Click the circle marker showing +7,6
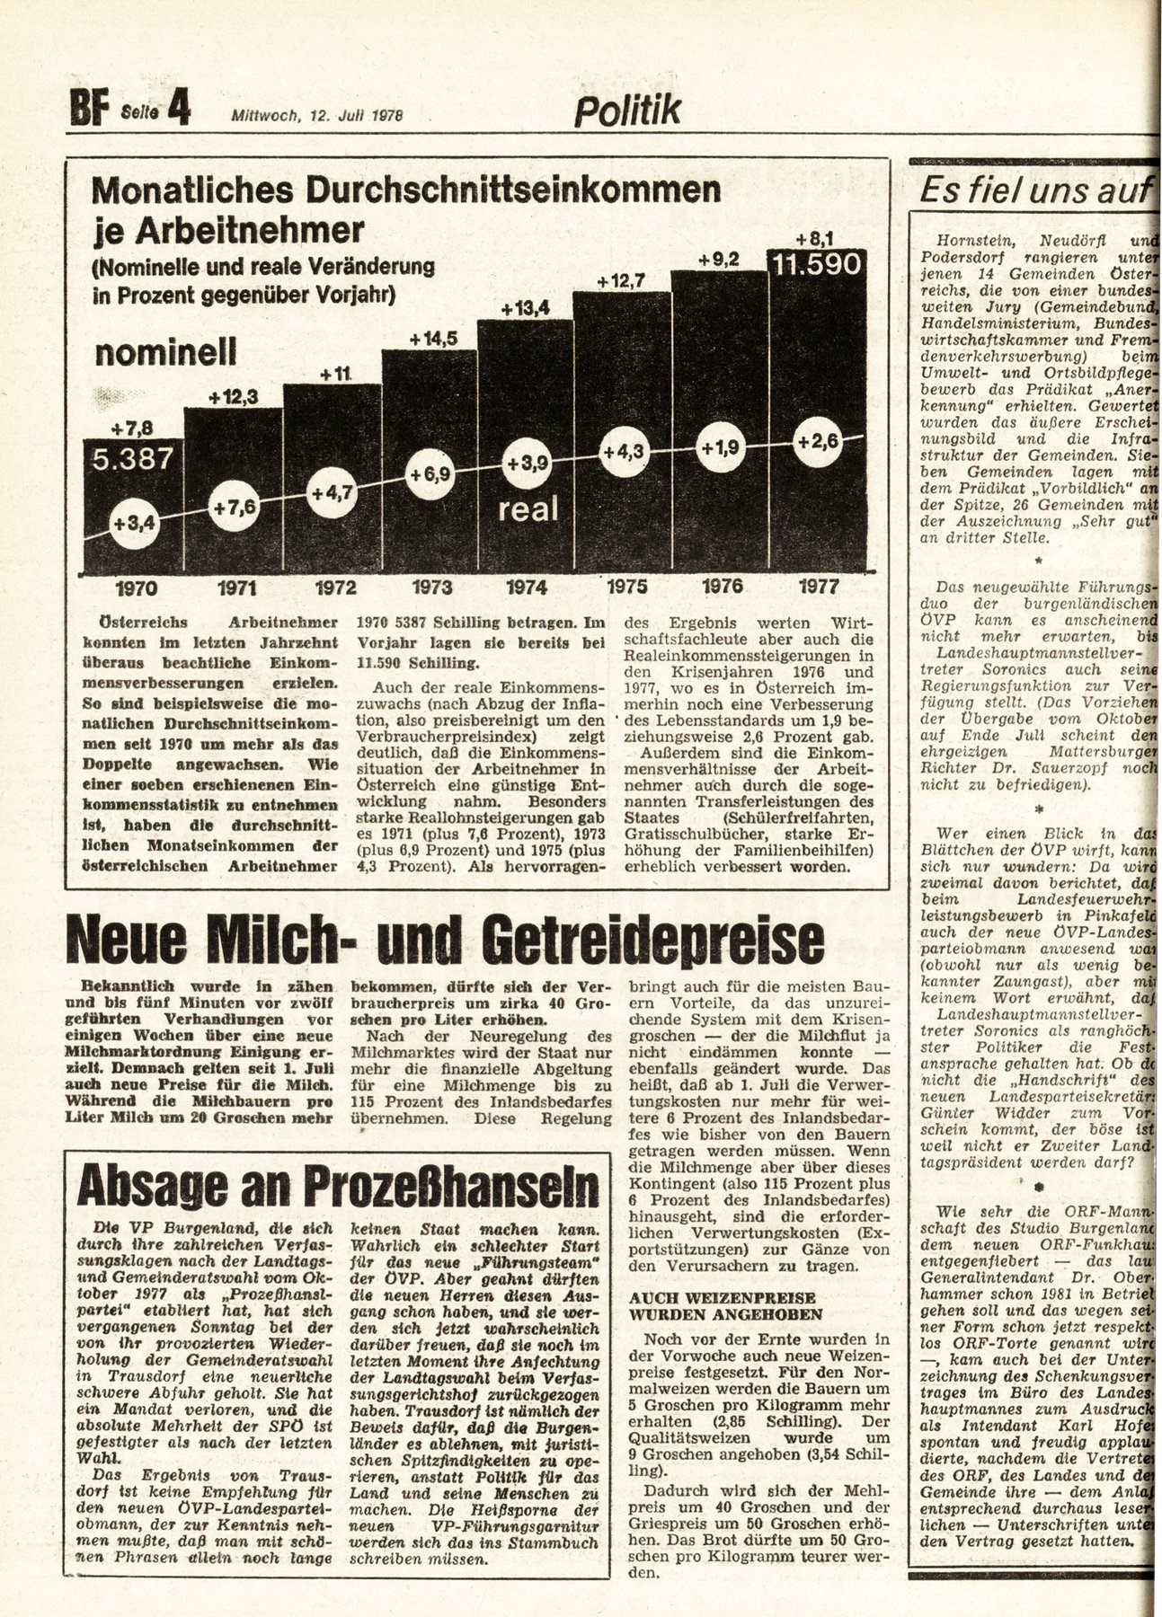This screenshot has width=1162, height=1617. point(235,508)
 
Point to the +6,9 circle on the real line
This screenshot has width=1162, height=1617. point(430,473)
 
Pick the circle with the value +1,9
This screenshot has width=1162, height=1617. point(720,446)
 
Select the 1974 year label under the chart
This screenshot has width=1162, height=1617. point(527,588)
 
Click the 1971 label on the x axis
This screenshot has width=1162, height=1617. point(236,588)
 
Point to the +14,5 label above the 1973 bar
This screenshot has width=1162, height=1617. point(433,339)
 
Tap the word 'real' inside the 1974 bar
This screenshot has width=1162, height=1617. point(528,509)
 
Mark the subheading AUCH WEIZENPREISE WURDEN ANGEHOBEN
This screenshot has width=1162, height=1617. point(723,1305)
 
